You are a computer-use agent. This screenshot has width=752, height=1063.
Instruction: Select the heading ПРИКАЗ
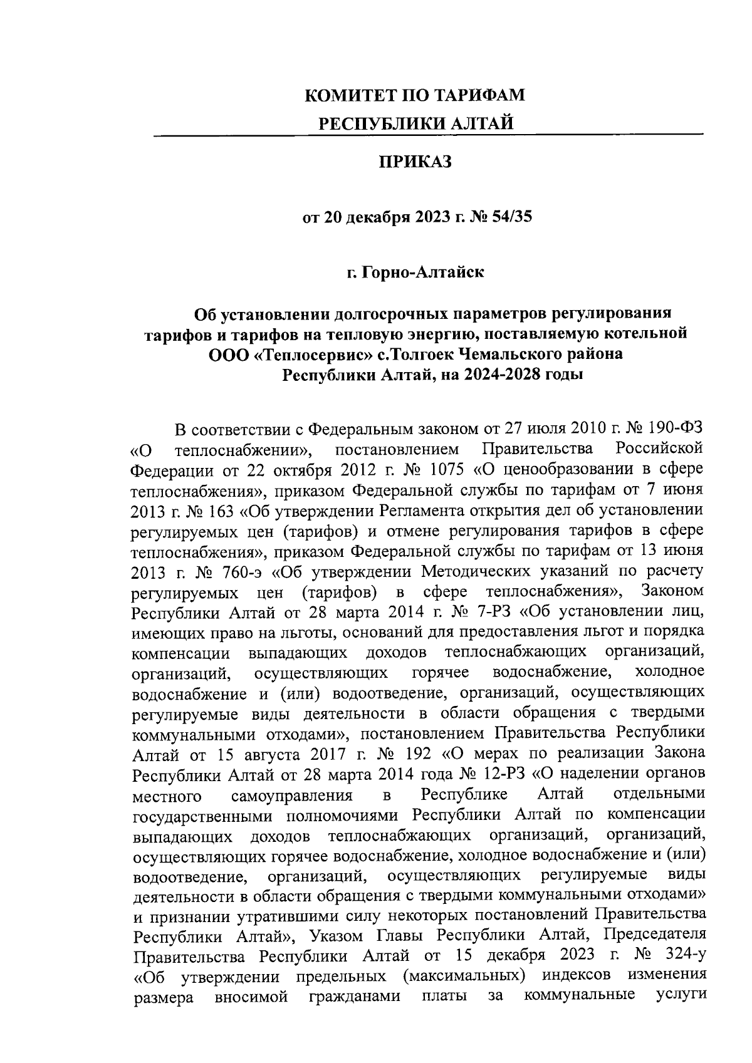416,162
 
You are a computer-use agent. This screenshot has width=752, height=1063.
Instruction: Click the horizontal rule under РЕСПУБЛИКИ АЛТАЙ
428,135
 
